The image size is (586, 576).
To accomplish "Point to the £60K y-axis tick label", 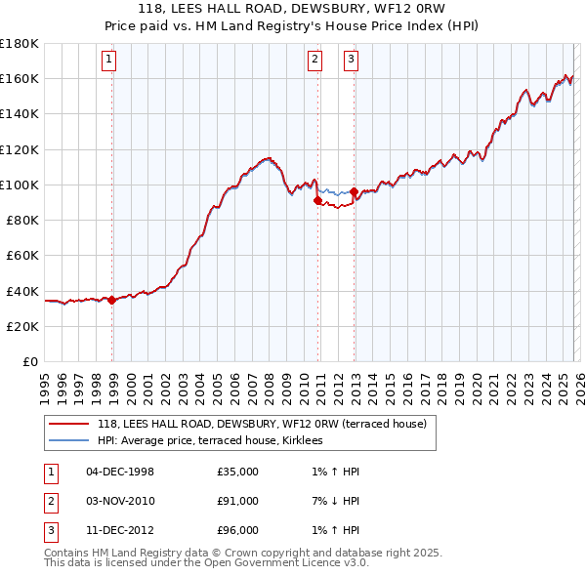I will tap(21, 255).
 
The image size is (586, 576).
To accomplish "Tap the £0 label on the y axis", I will tap(29, 361).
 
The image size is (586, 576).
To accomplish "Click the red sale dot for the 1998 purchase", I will tap(112, 300).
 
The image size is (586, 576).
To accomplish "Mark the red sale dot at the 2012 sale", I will tap(354, 192).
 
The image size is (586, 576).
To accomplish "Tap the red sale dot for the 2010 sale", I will tap(317, 200).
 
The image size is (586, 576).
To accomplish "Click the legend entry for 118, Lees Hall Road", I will tap(262, 425).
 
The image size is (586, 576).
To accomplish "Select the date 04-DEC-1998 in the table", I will tap(120, 472).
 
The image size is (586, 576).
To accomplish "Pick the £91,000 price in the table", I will tap(238, 501).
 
